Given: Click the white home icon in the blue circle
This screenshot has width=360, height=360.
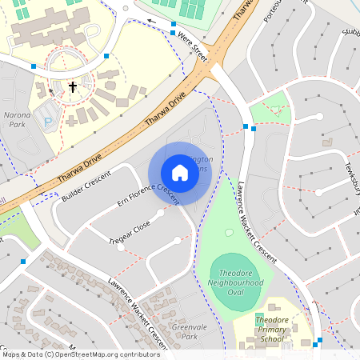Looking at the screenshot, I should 179,172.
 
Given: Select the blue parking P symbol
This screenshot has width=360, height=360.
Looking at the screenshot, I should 47,122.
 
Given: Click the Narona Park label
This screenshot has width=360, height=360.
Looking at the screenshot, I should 17,120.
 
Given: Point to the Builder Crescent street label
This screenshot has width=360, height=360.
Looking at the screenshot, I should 87,185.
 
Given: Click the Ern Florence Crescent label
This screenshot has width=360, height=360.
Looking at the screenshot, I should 146,196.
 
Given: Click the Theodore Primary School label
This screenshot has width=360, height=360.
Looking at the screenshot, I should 271,330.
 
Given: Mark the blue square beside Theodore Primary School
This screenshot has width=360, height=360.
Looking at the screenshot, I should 318,342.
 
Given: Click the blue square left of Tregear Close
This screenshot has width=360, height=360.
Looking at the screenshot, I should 23,262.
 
